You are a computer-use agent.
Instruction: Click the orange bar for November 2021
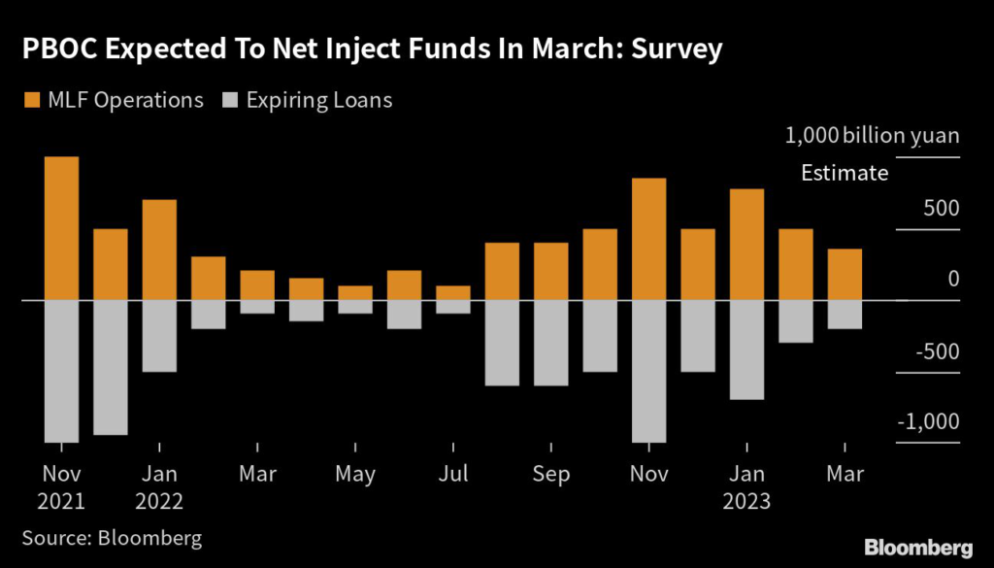point(62,228)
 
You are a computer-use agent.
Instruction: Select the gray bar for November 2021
point(62,371)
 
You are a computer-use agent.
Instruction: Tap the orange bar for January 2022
point(159,250)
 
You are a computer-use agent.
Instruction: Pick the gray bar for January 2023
point(746,350)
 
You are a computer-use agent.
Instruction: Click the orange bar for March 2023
point(845,275)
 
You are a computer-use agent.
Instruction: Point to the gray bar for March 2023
point(845,315)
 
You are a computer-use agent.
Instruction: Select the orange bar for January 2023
point(746,245)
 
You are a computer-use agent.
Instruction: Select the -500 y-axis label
point(934,351)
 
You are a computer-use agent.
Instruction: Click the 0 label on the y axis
point(953,280)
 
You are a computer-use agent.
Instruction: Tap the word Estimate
point(845,174)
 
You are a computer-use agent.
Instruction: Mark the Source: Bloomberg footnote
point(112,537)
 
